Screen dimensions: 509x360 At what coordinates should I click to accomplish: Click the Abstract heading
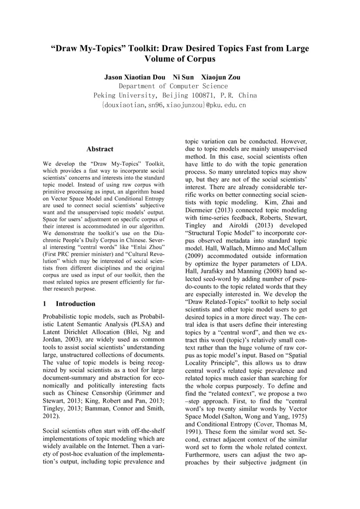[x=100, y=149]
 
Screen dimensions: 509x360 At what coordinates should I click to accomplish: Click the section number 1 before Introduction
[x=45, y=303]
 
